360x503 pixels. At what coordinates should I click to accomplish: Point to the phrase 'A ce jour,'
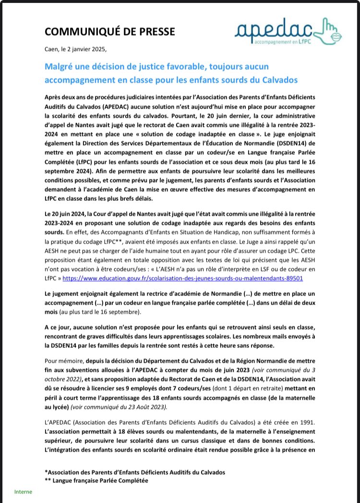click(x=60, y=327)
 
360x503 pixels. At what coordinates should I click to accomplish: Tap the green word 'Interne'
click(x=23, y=492)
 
